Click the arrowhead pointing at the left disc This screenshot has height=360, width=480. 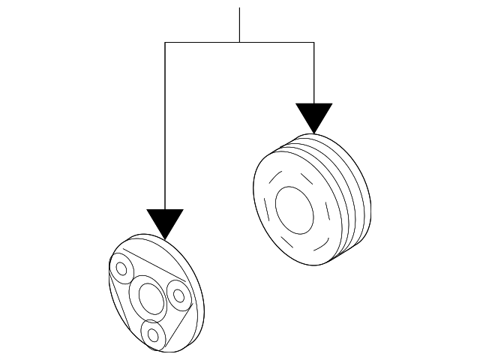tap(165, 222)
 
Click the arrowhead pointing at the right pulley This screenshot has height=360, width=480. tap(313, 116)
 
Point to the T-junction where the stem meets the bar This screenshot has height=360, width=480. tap(239, 43)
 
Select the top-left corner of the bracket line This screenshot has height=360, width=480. tap(165, 43)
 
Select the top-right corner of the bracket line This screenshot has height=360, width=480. tap(313, 43)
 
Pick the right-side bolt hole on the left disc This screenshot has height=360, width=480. tap(179, 295)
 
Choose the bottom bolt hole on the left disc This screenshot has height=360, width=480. tap(153, 334)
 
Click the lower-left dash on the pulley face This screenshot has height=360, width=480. tap(280, 240)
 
